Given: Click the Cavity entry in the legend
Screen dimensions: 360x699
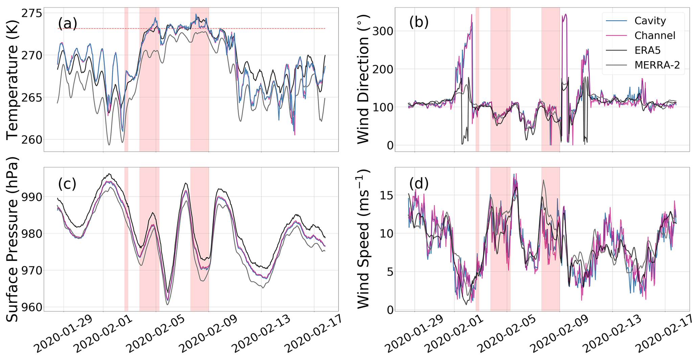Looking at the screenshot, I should tap(650, 21).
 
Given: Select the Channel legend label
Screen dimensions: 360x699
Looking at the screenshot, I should tap(655, 36).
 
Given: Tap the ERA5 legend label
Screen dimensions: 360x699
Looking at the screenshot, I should tap(647, 50).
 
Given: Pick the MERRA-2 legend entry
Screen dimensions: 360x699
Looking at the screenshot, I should tap(657, 65).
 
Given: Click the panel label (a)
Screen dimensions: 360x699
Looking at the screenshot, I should tap(67, 24).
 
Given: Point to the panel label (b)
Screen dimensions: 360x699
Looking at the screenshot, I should tap(419, 22).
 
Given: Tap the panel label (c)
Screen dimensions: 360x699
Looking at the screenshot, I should tap(67, 184).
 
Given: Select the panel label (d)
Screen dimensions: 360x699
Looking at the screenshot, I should tap(419, 184).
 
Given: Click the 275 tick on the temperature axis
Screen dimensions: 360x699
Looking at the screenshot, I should tap(32, 13).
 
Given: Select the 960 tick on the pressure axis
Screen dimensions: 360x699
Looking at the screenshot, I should tap(32, 307).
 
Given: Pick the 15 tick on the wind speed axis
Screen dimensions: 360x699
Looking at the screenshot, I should tap(387, 196).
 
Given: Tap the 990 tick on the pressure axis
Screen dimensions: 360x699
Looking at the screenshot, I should tap(32, 197).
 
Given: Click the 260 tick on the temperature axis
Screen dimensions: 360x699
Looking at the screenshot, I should tap(32, 139).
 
